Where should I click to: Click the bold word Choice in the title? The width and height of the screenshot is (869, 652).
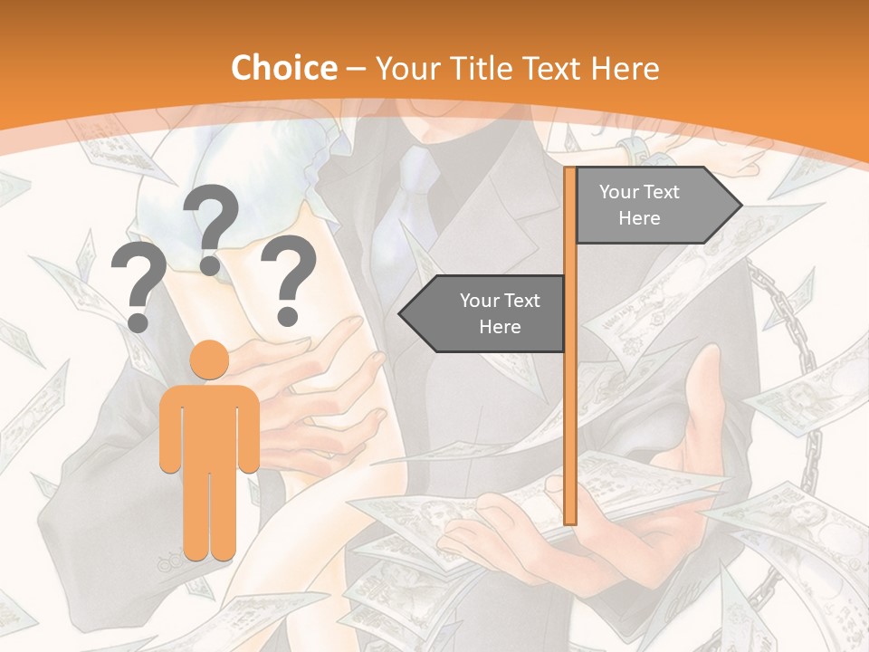click(283, 69)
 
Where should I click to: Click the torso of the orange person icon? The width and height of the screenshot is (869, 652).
click(210, 426)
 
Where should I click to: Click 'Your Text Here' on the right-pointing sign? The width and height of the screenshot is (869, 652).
click(639, 205)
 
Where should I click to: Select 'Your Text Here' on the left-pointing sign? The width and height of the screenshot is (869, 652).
click(500, 313)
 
